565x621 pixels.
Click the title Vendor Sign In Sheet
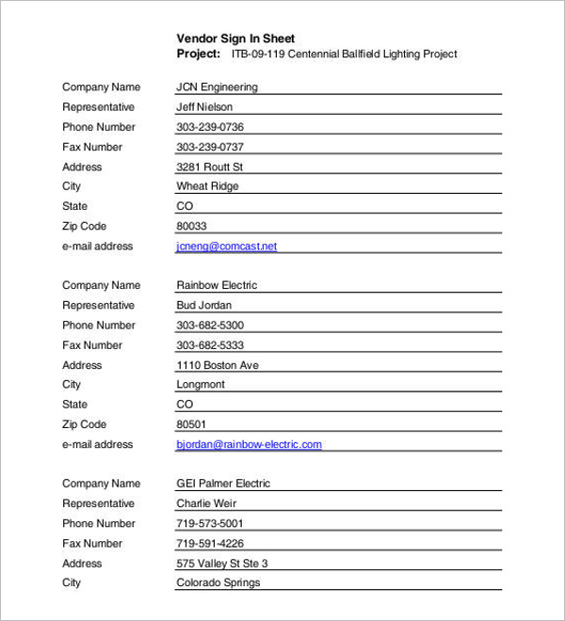(x=235, y=39)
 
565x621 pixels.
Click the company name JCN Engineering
(x=217, y=88)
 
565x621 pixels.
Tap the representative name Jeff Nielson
(x=204, y=107)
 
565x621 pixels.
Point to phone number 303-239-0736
(x=210, y=127)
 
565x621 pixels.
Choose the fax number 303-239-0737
(x=210, y=147)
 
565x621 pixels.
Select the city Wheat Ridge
(x=207, y=186)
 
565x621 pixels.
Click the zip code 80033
(x=191, y=227)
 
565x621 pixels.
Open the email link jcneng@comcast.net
(x=226, y=247)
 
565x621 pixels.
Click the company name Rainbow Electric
(x=217, y=285)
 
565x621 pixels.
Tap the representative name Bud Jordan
(x=203, y=306)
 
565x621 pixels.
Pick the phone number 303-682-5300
(x=210, y=326)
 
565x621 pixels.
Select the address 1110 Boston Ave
(x=218, y=365)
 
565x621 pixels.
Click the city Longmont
(x=201, y=385)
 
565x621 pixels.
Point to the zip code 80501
(x=191, y=424)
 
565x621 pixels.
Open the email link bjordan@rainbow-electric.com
(x=249, y=444)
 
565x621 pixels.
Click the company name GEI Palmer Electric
(x=223, y=484)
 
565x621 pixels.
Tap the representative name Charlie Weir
(x=207, y=503)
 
